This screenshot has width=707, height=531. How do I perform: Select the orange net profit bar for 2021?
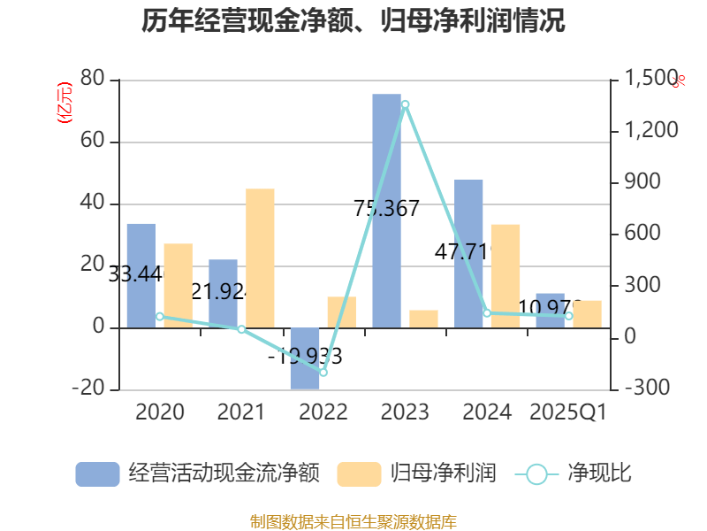point(260,258)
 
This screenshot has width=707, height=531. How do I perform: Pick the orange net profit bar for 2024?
point(506,275)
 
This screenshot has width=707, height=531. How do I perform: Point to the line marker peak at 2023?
point(405,104)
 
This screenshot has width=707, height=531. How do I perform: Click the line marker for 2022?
point(323,373)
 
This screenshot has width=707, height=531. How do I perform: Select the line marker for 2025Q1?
point(569,316)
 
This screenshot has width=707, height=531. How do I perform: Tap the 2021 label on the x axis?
point(241,412)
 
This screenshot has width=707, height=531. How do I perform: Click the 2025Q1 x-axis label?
point(567,412)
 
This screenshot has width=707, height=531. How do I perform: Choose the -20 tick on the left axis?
point(88,389)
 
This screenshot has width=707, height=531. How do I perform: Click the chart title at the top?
point(353,21)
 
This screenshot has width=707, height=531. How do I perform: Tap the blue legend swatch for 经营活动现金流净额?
point(97,473)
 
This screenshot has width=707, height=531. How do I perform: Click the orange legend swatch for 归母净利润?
point(359,473)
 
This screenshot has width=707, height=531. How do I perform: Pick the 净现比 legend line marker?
point(536,473)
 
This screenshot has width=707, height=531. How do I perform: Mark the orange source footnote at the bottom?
point(353,521)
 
